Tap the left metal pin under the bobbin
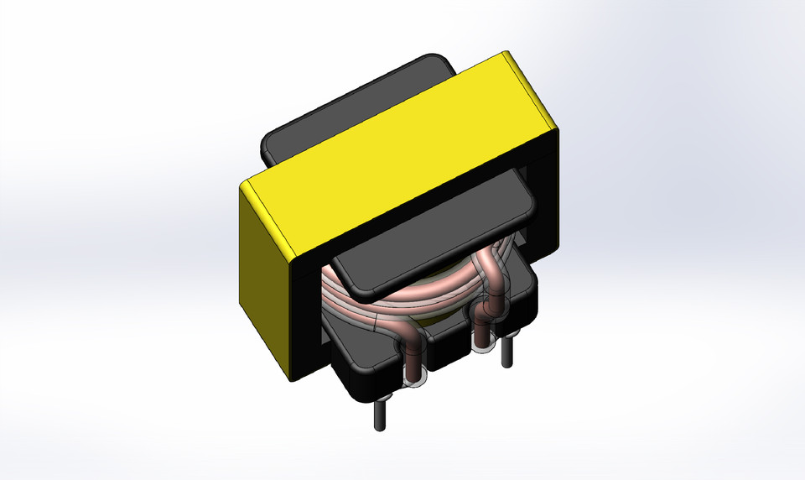coord(380,410)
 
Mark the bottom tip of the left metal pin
coord(380,426)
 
